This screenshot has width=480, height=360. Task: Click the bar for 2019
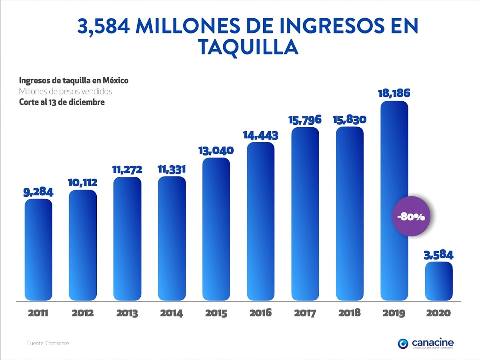pyautogui.click(x=394, y=168)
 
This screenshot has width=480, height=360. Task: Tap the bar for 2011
pyautogui.click(x=38, y=250)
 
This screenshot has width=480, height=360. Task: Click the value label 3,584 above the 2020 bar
pyautogui.click(x=439, y=255)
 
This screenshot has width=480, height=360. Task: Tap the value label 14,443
pyautogui.click(x=261, y=135)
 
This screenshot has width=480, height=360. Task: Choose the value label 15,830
pyautogui.click(x=350, y=120)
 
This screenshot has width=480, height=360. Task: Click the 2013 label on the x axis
pyautogui.click(x=127, y=313)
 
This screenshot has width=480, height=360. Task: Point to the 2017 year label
pyautogui.click(x=305, y=313)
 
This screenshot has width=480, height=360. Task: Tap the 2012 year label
pyautogui.click(x=83, y=313)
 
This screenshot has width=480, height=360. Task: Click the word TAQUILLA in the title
pyautogui.click(x=248, y=47)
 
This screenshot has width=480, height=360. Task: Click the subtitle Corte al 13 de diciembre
pyautogui.click(x=62, y=102)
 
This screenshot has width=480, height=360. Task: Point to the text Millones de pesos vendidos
pyautogui.click(x=66, y=91)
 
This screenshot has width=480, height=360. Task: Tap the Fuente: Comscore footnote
pyautogui.click(x=48, y=343)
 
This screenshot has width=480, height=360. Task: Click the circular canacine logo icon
pyautogui.click(x=404, y=343)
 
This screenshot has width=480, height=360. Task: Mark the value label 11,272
pyautogui.click(x=127, y=170)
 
